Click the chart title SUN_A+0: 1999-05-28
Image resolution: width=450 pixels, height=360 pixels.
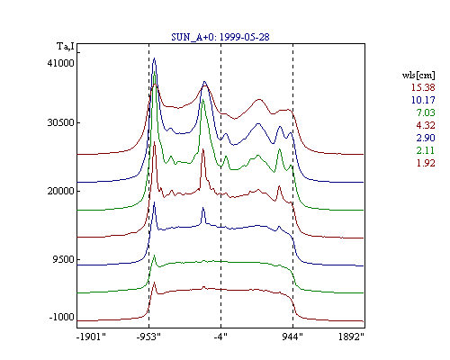click(220, 37)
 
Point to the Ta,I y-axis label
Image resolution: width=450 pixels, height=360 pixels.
click(66, 47)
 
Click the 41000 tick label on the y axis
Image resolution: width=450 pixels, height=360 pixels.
click(60, 63)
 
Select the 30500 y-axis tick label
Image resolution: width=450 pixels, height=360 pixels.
click(60, 122)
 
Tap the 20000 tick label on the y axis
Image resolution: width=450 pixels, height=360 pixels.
click(60, 191)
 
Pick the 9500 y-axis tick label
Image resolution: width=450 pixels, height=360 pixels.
click(63, 259)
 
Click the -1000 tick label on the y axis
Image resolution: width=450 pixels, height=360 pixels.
click(61, 317)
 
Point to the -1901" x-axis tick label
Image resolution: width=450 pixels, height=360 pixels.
click(91, 337)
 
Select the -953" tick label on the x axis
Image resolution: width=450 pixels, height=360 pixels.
click(148, 337)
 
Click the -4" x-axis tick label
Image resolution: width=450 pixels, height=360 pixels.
click(220, 337)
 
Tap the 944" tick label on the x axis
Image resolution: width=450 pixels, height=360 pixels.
click(292, 337)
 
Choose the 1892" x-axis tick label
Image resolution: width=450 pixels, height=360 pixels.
click(351, 337)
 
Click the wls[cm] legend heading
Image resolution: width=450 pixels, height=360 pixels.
click(418, 75)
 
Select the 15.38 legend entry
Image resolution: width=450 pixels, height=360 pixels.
click(423, 87)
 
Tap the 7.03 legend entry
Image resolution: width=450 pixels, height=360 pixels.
click(426, 112)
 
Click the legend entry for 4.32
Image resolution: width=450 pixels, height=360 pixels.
click(426, 125)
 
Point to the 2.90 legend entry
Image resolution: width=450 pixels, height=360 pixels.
click(426, 138)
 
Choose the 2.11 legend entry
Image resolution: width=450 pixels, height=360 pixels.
click(426, 150)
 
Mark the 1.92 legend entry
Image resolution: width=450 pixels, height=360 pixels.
click(426, 163)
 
